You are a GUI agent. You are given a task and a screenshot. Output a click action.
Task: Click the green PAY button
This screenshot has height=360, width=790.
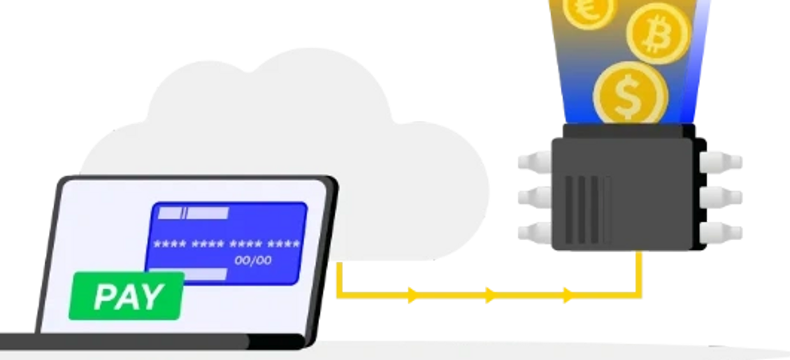pyautogui.click(x=126, y=296)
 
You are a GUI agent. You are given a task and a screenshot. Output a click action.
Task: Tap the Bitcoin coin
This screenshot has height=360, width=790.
pyautogui.click(x=658, y=34)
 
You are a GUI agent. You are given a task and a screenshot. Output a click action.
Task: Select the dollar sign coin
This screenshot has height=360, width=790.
pyautogui.click(x=631, y=93)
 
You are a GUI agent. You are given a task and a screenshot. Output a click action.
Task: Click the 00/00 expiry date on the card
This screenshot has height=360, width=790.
pyautogui.click(x=253, y=261)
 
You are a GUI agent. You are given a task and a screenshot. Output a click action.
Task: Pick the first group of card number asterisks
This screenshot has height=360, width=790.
pyautogui.click(x=170, y=243)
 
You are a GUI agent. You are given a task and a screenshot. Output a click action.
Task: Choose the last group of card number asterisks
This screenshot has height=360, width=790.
pyautogui.click(x=284, y=243)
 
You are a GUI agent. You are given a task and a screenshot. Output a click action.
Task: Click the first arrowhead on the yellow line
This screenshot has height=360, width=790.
pyautogui.click(x=413, y=295)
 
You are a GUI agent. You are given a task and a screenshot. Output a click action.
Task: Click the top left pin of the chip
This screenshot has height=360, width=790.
pyautogui.click(x=535, y=162)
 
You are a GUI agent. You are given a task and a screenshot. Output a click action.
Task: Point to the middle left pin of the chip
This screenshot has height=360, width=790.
pyautogui.click(x=535, y=197)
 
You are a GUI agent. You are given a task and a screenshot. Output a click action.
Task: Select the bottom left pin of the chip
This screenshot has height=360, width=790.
pyautogui.click(x=535, y=233)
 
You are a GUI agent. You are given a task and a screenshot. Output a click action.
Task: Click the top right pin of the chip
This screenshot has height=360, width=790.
pyautogui.click(x=721, y=162)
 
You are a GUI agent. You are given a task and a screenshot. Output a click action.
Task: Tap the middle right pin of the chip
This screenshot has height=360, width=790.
pyautogui.click(x=721, y=197)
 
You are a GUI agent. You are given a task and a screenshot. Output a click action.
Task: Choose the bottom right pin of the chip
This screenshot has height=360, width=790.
pyautogui.click(x=721, y=233)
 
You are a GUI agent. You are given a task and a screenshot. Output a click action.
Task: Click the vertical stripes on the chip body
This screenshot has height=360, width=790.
pyautogui.click(x=587, y=210)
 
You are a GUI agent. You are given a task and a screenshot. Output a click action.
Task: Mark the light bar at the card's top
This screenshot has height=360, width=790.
pyautogui.click(x=193, y=213)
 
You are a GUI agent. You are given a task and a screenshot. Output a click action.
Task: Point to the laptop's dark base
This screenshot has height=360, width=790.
pyautogui.click(x=152, y=341)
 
